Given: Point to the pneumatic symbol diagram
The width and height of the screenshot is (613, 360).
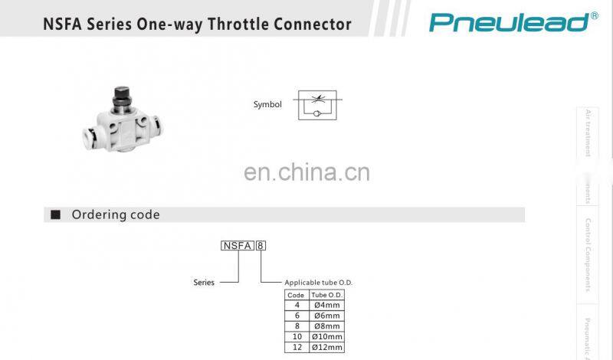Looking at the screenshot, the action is click(320, 105).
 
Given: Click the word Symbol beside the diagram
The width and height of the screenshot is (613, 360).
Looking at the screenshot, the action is click(267, 105).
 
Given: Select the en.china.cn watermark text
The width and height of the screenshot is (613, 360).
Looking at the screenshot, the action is click(306, 172).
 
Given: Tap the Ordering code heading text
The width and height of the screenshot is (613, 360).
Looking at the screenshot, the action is click(116, 214).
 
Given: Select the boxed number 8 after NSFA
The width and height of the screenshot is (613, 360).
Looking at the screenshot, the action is click(261, 246).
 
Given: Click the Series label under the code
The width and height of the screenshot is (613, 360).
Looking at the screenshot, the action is click(204, 282).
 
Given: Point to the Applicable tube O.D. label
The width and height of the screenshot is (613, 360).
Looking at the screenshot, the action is click(318, 283).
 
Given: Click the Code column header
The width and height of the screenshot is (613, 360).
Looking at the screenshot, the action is click(295, 295).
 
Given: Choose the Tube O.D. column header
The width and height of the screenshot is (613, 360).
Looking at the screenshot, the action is click(326, 295).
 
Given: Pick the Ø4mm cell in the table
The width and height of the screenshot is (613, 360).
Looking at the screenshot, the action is click(326, 305).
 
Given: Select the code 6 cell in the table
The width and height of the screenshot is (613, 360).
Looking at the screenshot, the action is click(295, 316).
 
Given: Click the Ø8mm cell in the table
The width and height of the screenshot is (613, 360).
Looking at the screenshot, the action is click(326, 326).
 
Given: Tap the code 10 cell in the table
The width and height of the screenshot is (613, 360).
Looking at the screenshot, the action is click(295, 337).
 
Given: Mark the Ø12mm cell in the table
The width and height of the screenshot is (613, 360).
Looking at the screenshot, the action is click(326, 348).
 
